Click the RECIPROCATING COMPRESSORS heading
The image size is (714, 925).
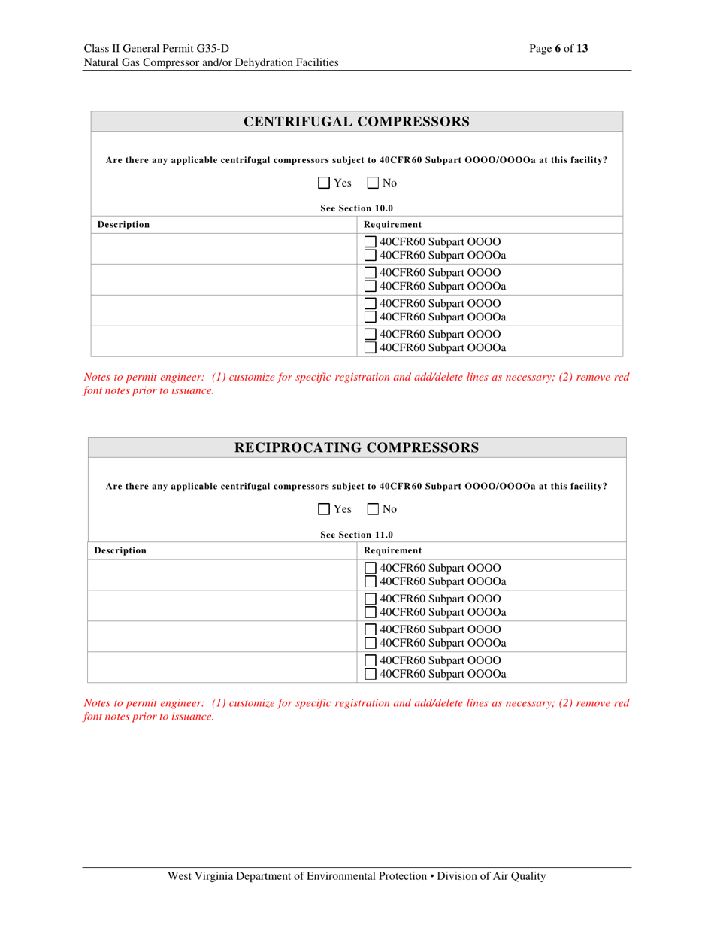point(357,448)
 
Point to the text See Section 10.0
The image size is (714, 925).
point(357,208)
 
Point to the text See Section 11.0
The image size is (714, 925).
point(357,535)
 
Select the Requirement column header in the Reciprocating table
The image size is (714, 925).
point(392,550)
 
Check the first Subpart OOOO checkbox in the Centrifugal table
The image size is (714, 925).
point(370,242)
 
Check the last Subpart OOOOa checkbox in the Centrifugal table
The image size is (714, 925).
point(370,347)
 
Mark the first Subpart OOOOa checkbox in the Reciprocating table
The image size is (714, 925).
point(370,582)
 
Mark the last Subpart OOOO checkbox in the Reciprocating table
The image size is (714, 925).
point(370,660)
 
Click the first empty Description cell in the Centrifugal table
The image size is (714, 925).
point(223,248)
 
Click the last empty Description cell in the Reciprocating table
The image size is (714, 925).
point(223,666)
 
